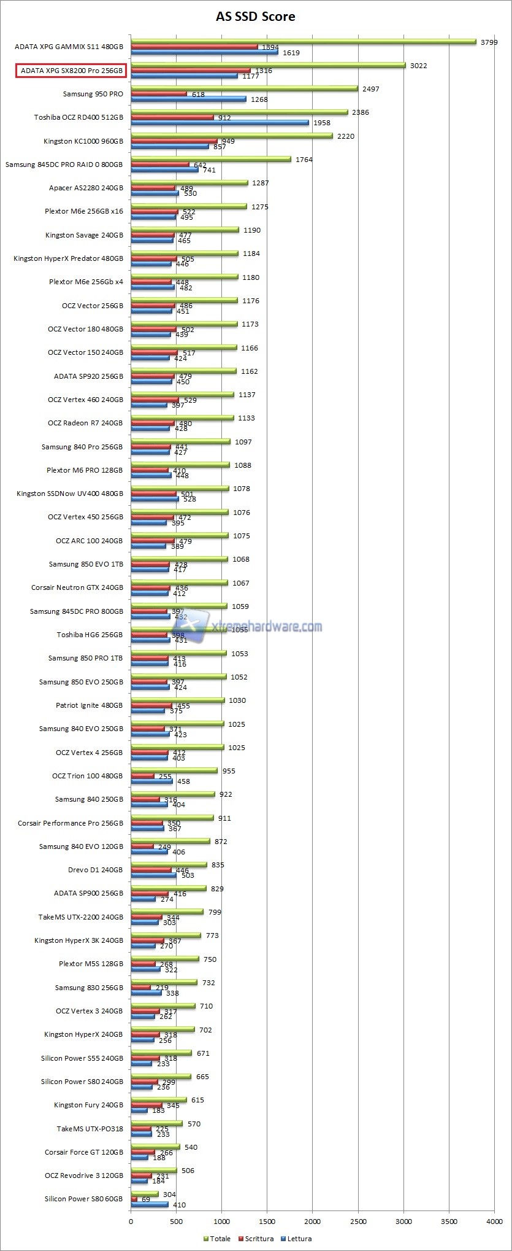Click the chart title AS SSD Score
pos(256,17)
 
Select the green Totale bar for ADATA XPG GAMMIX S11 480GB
pos(304,42)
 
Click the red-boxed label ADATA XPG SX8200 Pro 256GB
pos(71,71)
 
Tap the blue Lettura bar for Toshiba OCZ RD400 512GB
pos(220,123)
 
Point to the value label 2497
pos(371,89)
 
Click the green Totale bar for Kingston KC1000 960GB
pos(232,136)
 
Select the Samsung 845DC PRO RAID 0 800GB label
pos(64,165)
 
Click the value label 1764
pos(304,160)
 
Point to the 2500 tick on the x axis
pos(358,1222)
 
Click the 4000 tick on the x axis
pos(494,1222)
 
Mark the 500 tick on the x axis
pos(177,1222)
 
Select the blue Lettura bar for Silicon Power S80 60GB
pos(150,1204)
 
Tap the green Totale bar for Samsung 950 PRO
pos(244,88)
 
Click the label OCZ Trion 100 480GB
pos(87,776)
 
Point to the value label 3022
pos(419,66)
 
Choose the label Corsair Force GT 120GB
pos(83,1152)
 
